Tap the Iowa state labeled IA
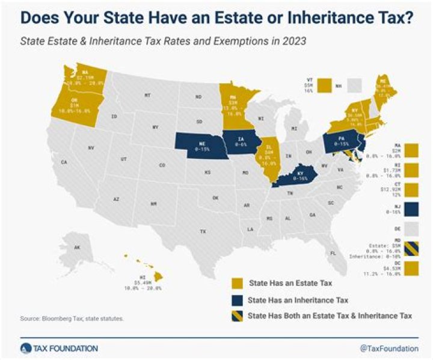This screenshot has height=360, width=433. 240,143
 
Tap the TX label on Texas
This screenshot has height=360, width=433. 203,231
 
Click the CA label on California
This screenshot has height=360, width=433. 63,163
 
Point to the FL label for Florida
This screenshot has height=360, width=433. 333,253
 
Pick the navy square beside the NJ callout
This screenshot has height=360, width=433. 413,208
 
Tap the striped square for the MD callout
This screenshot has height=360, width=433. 413,247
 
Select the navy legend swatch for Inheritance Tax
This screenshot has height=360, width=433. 238,299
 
